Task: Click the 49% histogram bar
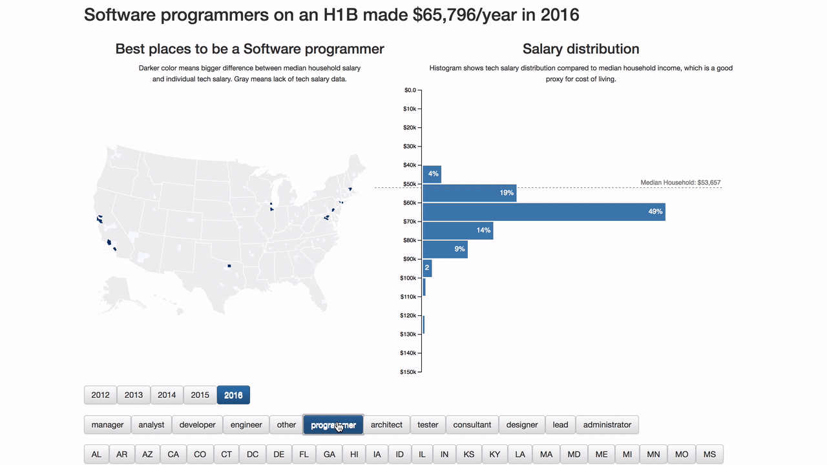544,212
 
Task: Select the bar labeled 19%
470,193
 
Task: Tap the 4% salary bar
432,174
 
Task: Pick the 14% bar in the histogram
458,231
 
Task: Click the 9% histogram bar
445,249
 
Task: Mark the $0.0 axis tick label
409,90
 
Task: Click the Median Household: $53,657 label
680,183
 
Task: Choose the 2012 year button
100,395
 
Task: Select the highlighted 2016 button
233,395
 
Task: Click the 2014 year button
167,395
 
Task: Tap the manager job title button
107,424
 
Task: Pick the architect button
386,424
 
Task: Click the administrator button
607,424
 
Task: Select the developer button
197,424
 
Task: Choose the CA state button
173,454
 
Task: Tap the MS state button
709,454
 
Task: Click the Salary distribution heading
581,49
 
